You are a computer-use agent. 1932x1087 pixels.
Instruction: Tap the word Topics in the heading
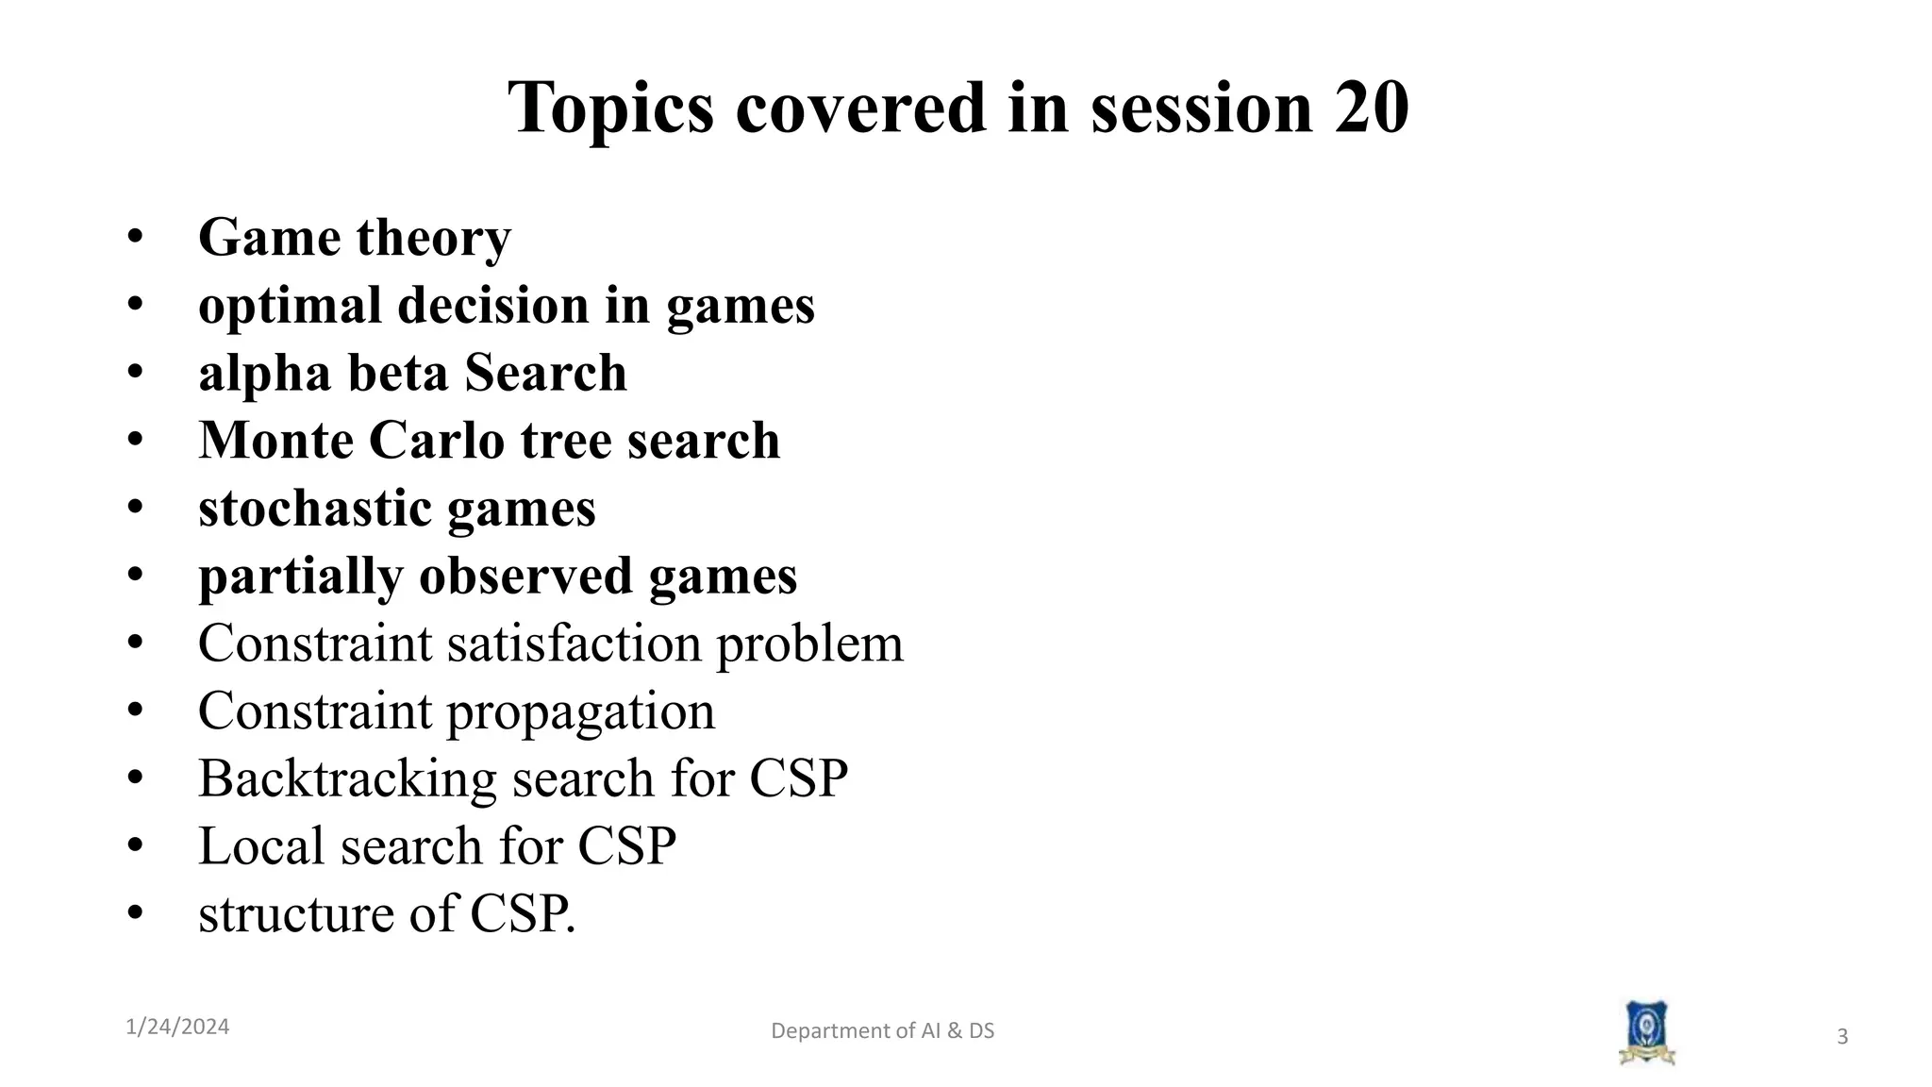tap(610, 109)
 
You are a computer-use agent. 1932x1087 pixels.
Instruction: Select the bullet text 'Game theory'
tap(355, 237)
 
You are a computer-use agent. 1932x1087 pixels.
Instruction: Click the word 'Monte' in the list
tap(275, 441)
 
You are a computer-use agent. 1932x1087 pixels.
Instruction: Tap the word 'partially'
tap(300, 577)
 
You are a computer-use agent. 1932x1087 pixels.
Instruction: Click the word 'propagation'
tap(580, 711)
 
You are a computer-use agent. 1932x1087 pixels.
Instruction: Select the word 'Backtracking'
tap(347, 778)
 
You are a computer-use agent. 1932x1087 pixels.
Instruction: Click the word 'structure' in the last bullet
tap(295, 913)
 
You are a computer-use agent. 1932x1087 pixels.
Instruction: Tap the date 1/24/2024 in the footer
tap(177, 1027)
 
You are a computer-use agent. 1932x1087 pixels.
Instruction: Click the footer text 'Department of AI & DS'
tap(882, 1030)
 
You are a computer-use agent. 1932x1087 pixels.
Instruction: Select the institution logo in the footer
tap(1646, 1032)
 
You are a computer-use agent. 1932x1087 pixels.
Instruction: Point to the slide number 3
tap(1841, 1037)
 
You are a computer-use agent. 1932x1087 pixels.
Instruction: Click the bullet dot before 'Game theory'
tap(135, 237)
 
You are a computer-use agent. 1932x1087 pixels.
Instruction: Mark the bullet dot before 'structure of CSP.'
tap(135, 913)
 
